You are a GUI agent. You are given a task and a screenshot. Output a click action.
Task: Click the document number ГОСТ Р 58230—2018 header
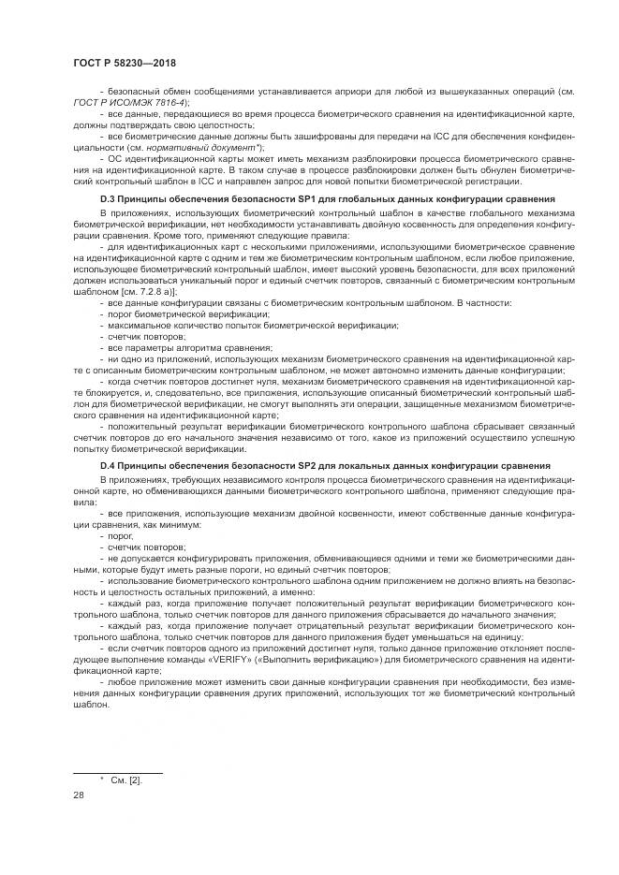point(125,63)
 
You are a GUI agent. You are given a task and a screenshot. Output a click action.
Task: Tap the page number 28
point(78,795)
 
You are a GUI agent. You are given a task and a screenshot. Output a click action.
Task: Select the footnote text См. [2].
point(126,780)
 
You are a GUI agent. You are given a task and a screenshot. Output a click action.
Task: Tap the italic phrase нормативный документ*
point(218,148)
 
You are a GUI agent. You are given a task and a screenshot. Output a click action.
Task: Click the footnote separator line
point(118,772)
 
